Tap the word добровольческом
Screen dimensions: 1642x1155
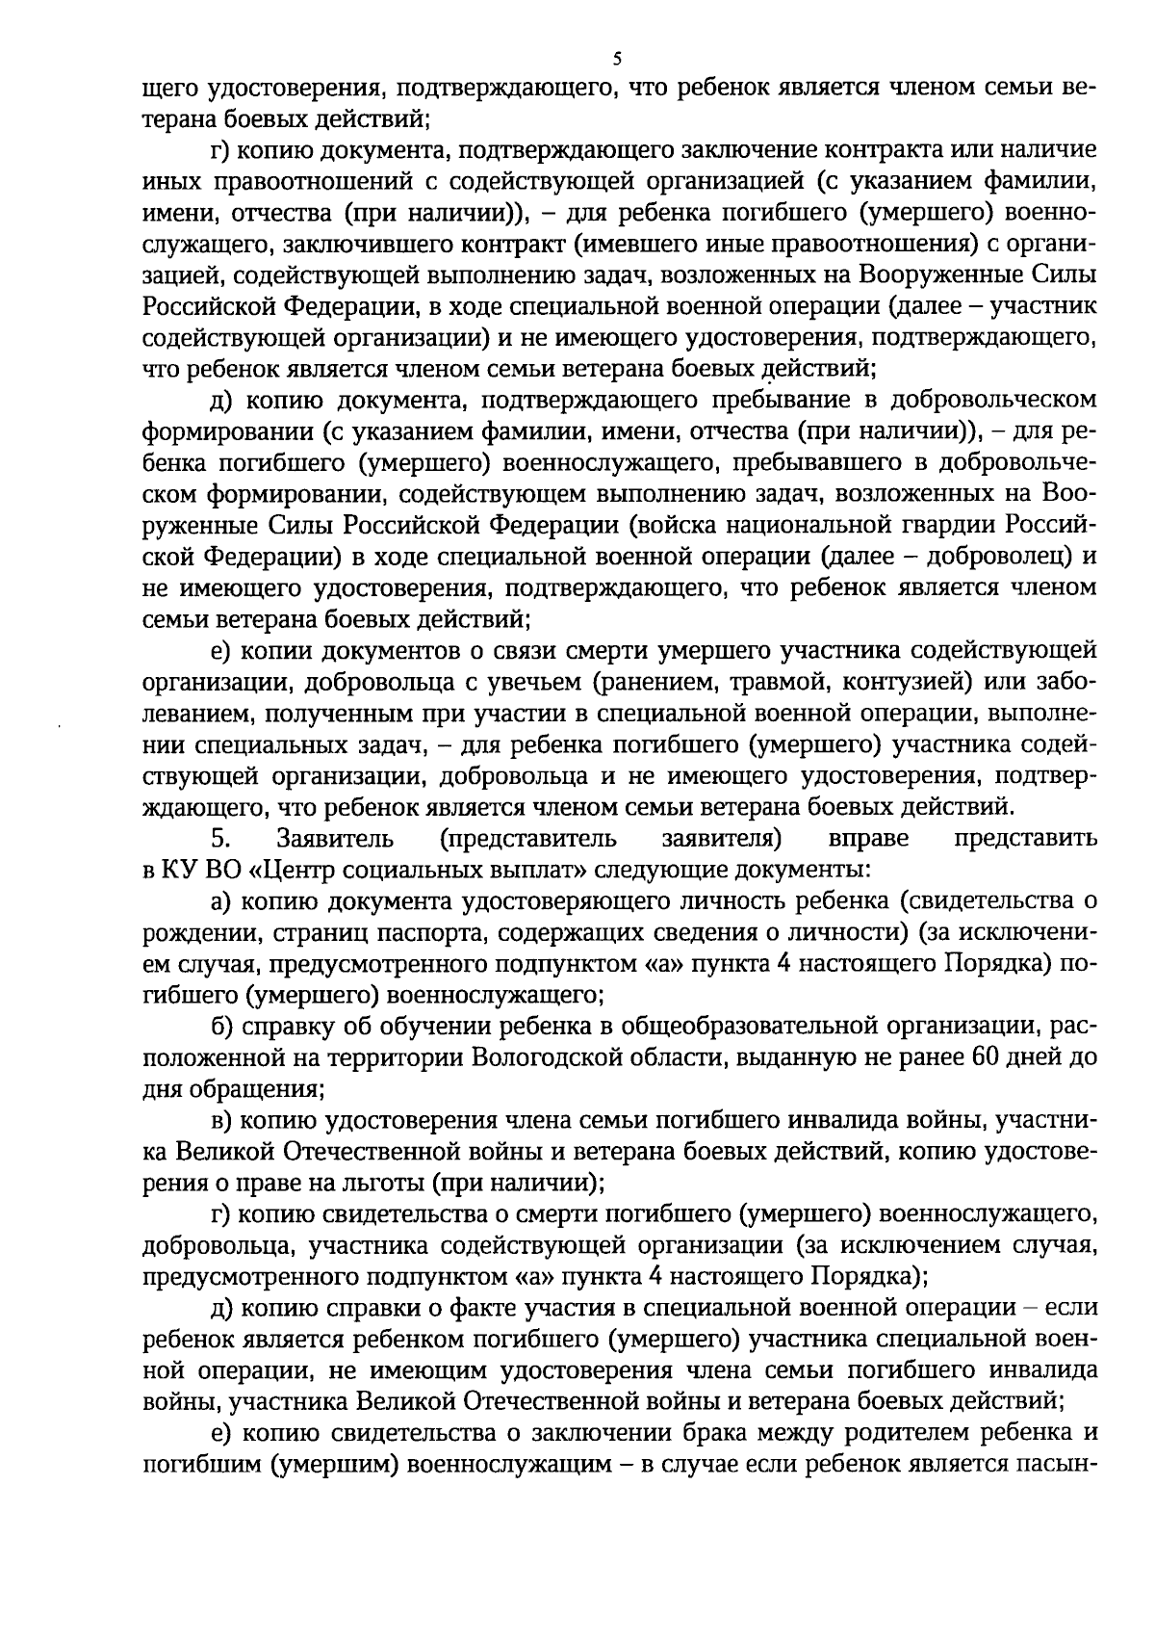[x=1004, y=400]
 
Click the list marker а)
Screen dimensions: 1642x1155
[x=222, y=901]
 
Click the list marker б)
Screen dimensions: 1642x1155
[x=222, y=1027]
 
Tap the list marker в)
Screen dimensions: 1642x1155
[x=222, y=1121]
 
